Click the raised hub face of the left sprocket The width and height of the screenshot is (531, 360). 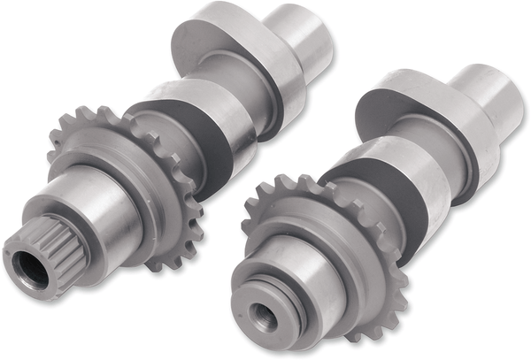[x=124, y=177]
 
